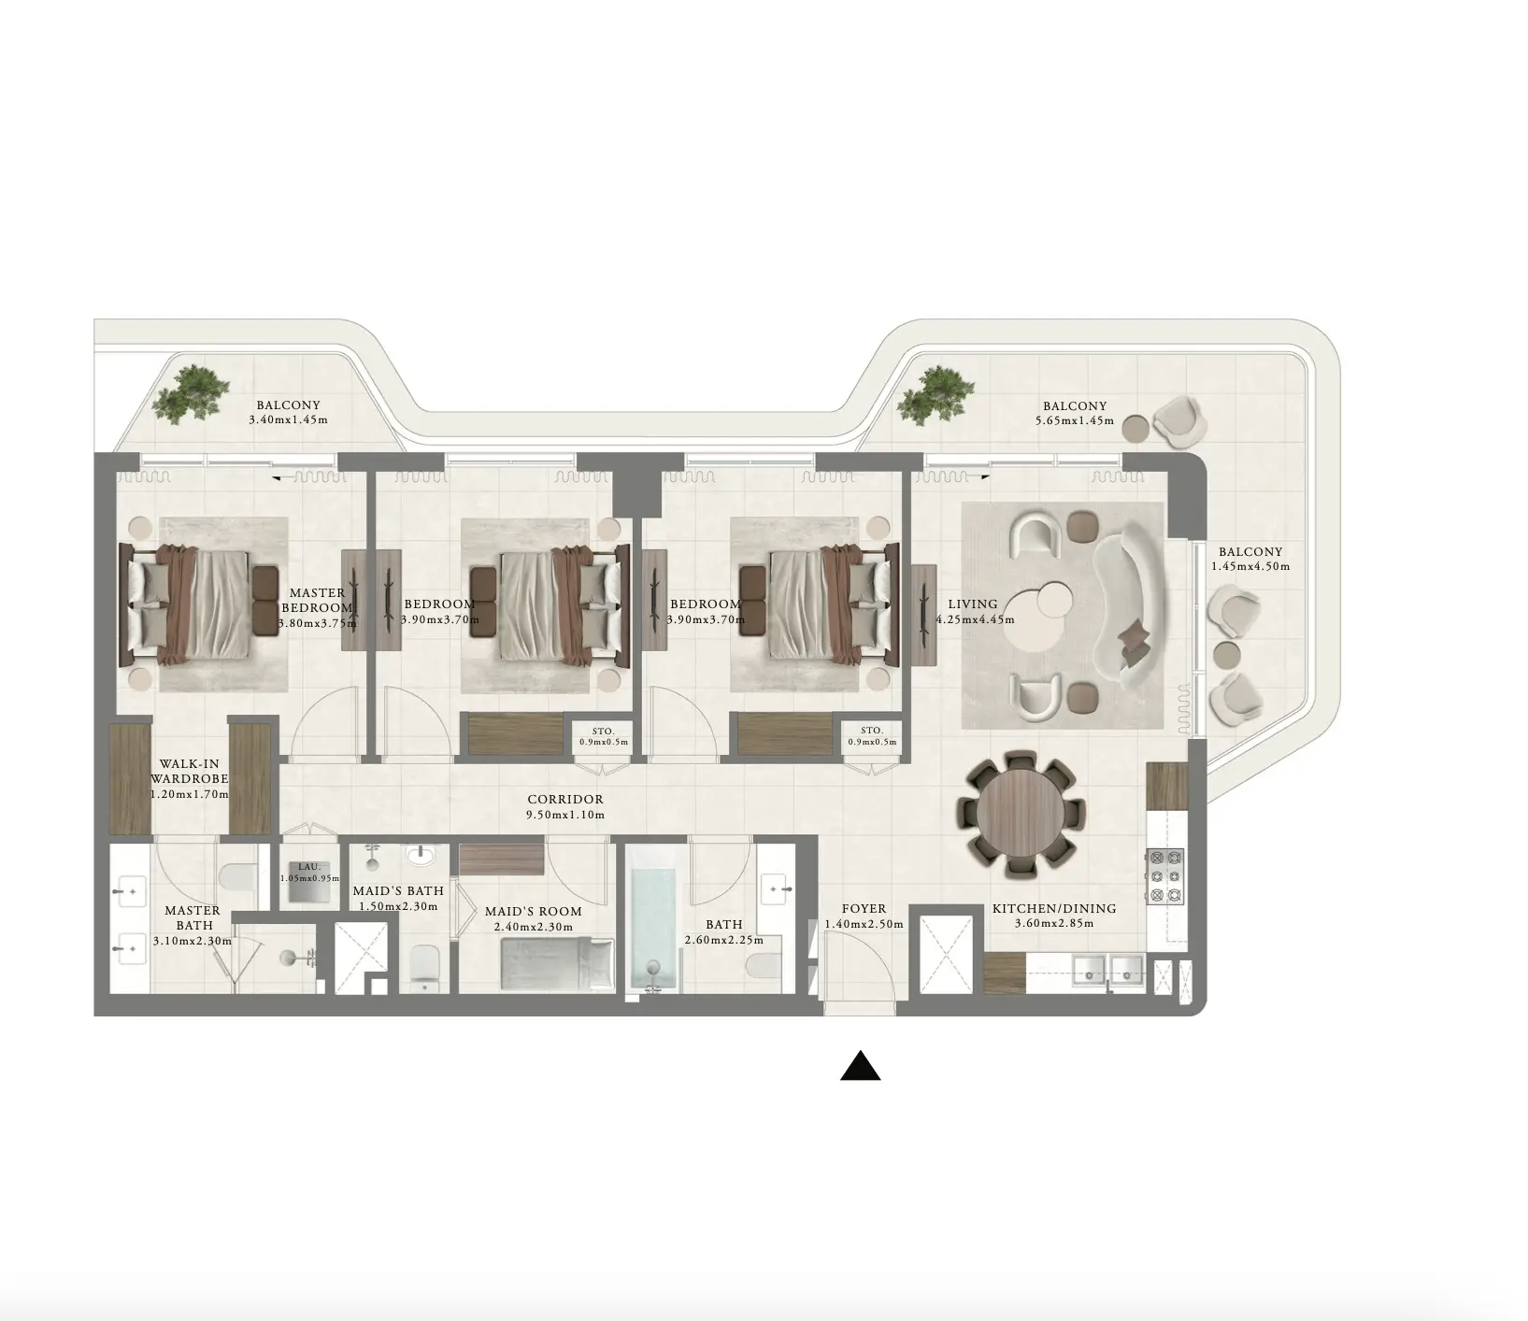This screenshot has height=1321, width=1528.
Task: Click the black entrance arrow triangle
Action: pos(860,1066)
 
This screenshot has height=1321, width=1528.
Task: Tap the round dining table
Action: pos(1020,812)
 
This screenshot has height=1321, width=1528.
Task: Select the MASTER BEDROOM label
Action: pos(317,600)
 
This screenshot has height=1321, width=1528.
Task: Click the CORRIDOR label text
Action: pos(565,800)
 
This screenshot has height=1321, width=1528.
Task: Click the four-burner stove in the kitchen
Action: pos(1165,875)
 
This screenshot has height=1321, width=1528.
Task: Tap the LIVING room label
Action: pos(973,604)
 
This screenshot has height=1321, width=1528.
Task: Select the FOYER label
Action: pos(864,908)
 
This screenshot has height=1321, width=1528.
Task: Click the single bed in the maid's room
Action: pos(556,963)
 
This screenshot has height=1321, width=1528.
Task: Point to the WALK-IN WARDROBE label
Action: pos(189,771)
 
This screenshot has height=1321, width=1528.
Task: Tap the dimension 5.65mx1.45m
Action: pos(1074,420)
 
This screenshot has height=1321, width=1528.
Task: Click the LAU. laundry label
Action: pos(309,867)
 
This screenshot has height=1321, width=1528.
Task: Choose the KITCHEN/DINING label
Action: pos(1054,908)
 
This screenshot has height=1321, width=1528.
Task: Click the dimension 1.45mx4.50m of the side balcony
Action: pos(1250,566)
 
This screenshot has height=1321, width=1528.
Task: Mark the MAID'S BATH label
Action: pos(398,890)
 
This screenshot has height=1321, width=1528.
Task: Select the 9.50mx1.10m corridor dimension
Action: pos(565,815)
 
